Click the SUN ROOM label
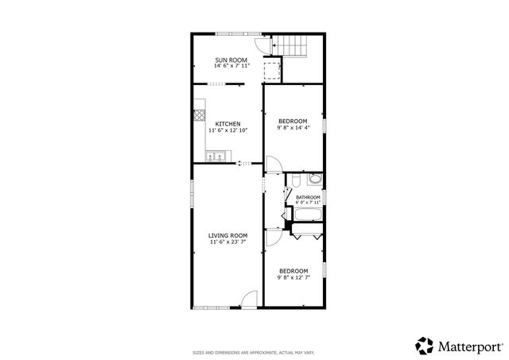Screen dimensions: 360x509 click(x=231, y=60)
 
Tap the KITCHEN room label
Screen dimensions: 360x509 click(x=228, y=123)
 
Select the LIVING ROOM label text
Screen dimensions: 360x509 click(x=228, y=235)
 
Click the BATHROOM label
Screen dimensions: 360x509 click(x=308, y=197)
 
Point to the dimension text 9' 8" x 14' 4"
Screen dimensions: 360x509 click(x=293, y=127)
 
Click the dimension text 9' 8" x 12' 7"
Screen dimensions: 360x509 click(x=293, y=277)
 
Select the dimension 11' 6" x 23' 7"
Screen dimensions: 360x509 click(x=228, y=242)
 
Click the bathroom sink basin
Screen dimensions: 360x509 click(x=293, y=180)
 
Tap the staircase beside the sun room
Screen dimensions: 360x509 click(x=295, y=47)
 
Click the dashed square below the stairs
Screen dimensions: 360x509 click(x=272, y=72)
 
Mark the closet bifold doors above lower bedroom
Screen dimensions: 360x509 click(x=306, y=234)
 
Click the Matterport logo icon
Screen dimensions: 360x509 click(x=425, y=345)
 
